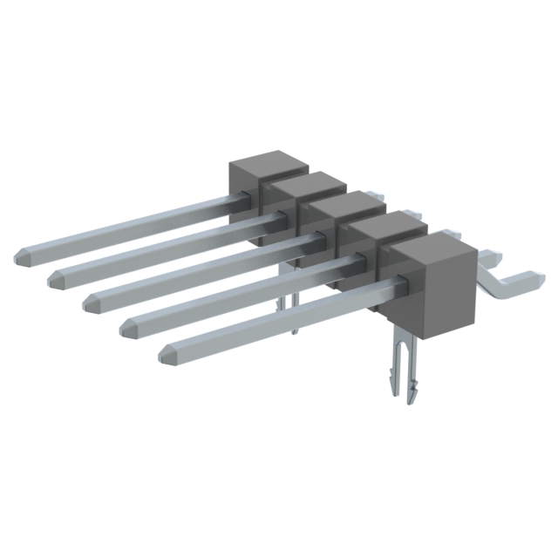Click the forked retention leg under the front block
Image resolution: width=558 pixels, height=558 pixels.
[402, 366]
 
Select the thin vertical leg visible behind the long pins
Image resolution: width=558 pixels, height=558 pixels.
[294, 310]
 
